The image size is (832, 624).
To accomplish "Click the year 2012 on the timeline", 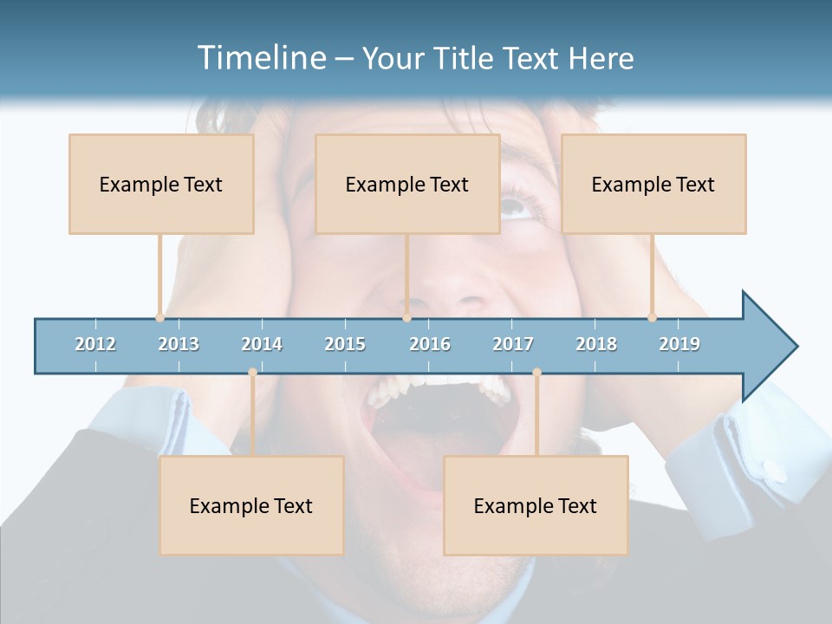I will pyautogui.click(x=95, y=344).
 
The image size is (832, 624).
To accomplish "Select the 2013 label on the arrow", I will pyautogui.click(x=179, y=344).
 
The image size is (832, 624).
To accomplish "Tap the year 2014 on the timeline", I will pyautogui.click(x=262, y=344).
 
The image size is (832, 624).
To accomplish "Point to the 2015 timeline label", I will pyautogui.click(x=345, y=344).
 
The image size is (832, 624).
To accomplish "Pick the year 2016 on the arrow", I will pyautogui.click(x=430, y=344).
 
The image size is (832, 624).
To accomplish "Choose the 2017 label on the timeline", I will pyautogui.click(x=513, y=344).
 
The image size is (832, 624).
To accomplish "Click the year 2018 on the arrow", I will pyautogui.click(x=596, y=344).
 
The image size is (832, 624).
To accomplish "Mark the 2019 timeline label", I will pyautogui.click(x=679, y=344).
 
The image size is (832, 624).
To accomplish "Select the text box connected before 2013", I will pyautogui.click(x=161, y=184).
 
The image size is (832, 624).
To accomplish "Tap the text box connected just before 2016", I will pyautogui.click(x=407, y=184).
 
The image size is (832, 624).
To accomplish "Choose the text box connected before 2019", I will pyautogui.click(x=653, y=184).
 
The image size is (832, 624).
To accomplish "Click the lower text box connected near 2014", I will pyautogui.click(x=251, y=505).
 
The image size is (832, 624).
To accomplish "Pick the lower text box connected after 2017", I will pyautogui.click(x=536, y=505).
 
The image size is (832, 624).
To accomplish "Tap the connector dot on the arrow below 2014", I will pyautogui.click(x=252, y=372).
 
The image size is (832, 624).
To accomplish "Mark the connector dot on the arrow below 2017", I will pyautogui.click(x=536, y=372).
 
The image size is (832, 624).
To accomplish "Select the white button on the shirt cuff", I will pyautogui.click(x=777, y=473).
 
